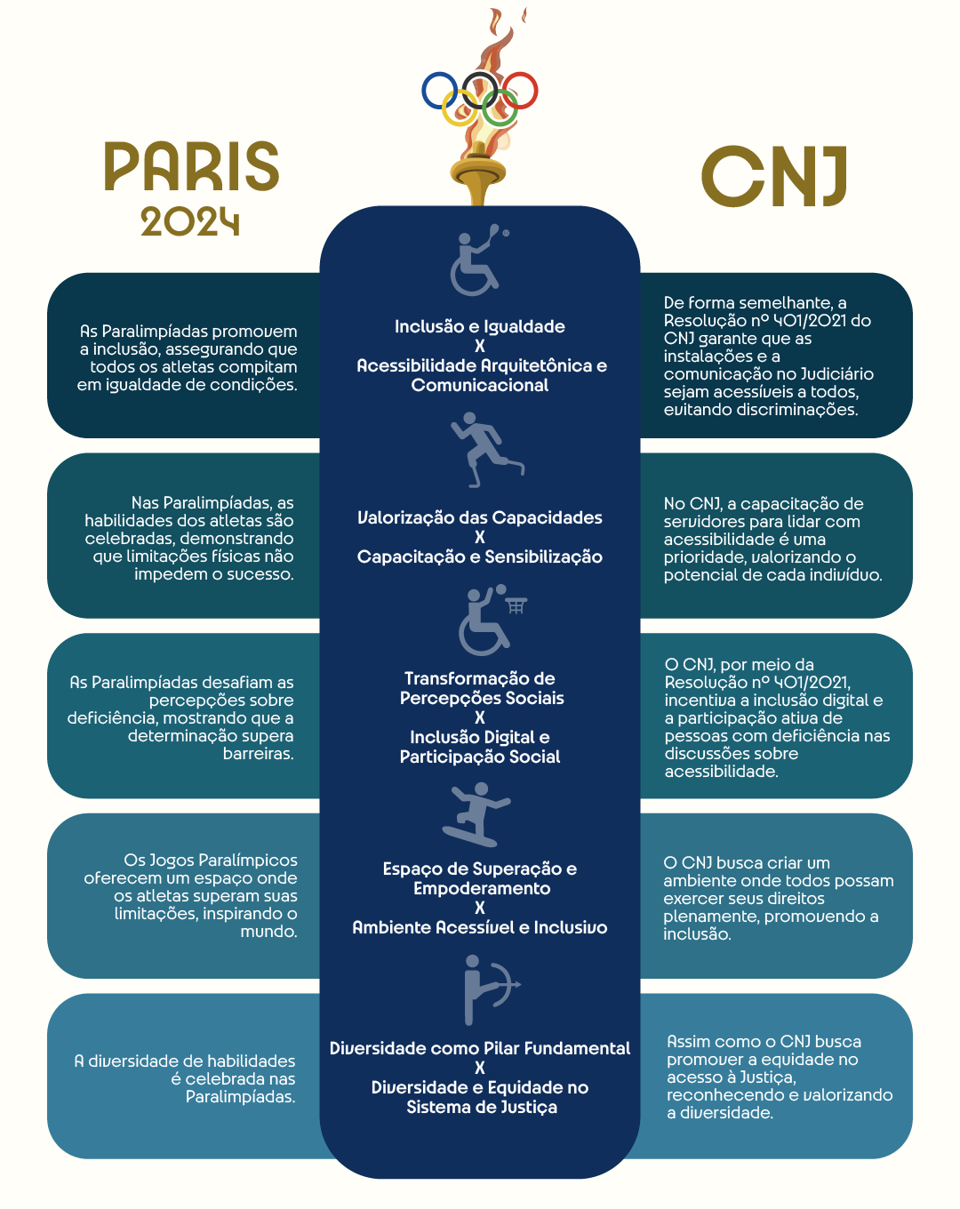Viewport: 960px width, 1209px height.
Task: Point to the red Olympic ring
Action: point(537,90)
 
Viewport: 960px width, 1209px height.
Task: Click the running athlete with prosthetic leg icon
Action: point(486,449)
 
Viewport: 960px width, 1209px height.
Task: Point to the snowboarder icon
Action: point(476,814)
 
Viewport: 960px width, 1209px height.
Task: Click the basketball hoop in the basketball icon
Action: point(516,605)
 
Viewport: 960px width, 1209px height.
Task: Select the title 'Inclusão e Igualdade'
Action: point(480,326)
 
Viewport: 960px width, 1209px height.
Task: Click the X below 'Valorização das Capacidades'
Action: point(480,537)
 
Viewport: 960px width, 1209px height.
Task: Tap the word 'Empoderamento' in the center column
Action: point(482,888)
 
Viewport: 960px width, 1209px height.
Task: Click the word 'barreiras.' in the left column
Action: point(259,753)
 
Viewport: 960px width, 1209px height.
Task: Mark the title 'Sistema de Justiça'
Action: point(482,1108)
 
